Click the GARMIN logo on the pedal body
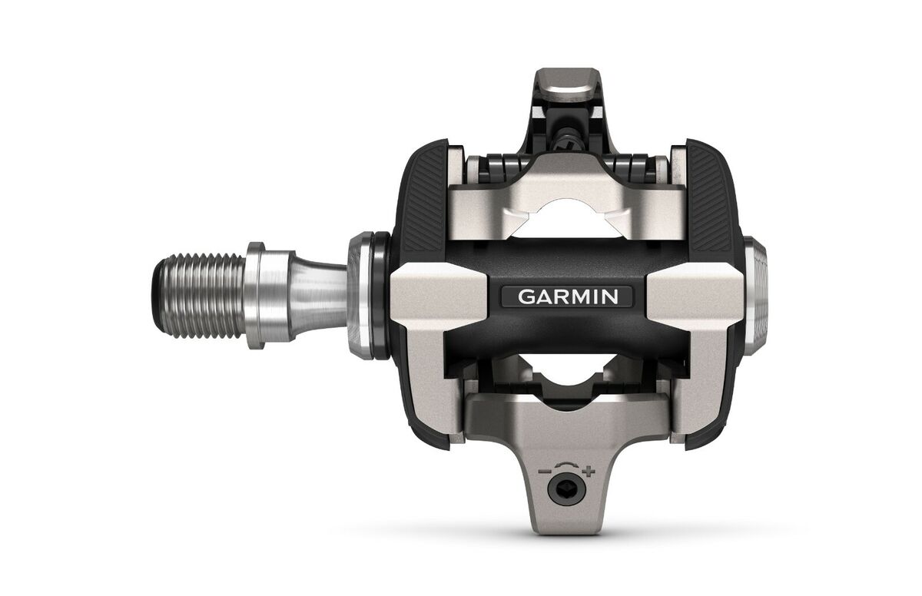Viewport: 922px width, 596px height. coord(567,296)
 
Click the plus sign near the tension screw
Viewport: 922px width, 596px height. coord(589,472)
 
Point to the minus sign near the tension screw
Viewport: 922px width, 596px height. coord(546,472)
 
